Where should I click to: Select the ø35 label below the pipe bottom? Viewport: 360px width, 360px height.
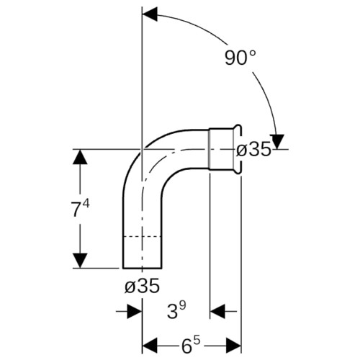(x=142, y=286)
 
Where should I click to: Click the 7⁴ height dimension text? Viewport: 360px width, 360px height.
(x=80, y=208)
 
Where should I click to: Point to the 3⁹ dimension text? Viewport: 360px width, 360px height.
(x=176, y=311)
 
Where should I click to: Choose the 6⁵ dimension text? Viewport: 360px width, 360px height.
(x=191, y=346)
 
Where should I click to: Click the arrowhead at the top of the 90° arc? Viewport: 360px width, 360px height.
(x=150, y=14)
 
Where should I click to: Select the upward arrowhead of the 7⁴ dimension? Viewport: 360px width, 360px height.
(x=80, y=157)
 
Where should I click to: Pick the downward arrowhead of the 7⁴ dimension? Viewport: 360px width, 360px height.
(x=80, y=261)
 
